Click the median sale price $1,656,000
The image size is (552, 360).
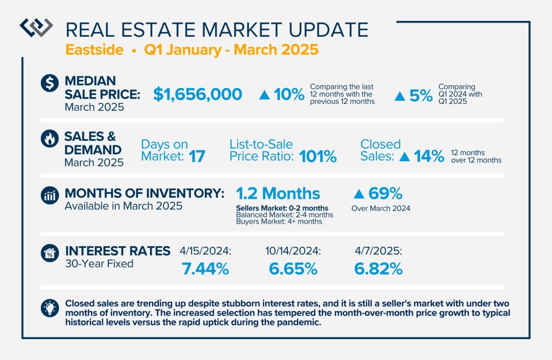(x=197, y=94)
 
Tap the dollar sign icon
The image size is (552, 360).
(x=50, y=83)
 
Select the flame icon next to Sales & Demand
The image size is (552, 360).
(x=50, y=139)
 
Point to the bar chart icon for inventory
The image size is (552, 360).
(x=50, y=196)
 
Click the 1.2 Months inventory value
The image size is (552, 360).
(x=278, y=193)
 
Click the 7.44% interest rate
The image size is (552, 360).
(x=205, y=269)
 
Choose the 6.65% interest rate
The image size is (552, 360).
(x=293, y=269)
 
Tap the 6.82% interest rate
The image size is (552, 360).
(x=378, y=269)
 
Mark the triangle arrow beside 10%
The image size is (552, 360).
(x=264, y=95)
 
